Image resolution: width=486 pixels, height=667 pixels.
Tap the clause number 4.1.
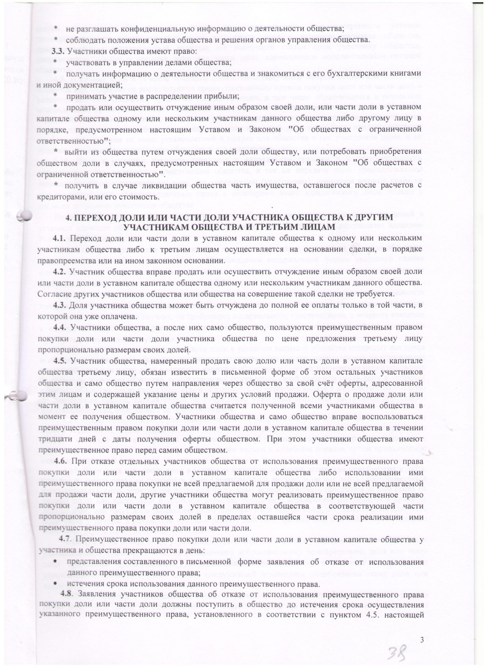[x=61, y=238]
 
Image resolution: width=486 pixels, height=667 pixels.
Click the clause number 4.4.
[x=61, y=327]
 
